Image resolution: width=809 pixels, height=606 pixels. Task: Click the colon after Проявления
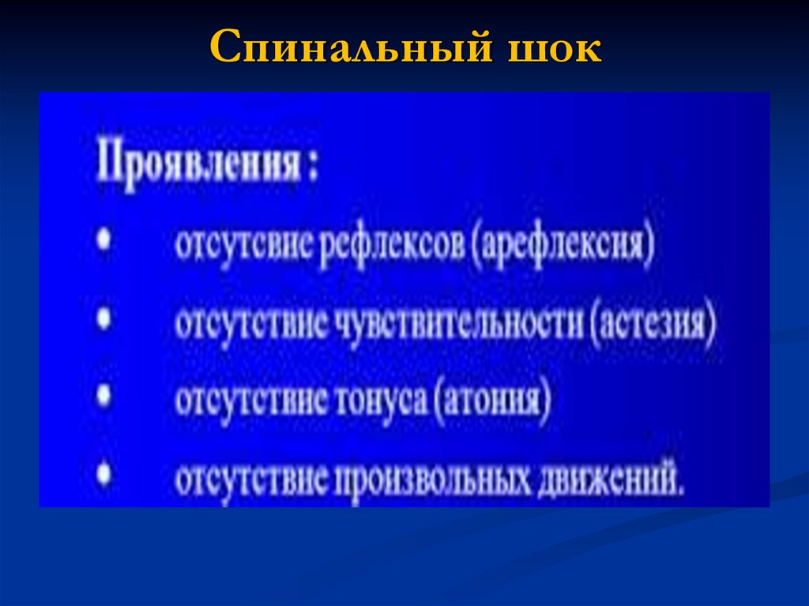313,168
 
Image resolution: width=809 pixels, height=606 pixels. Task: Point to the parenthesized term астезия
652,325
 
